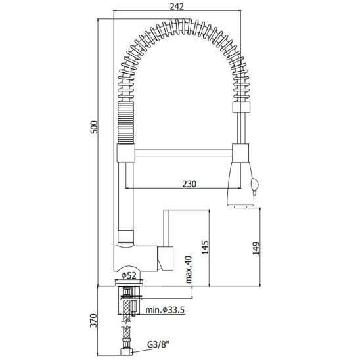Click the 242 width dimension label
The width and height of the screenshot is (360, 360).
pos(177,7)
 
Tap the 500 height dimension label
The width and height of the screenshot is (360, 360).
pos(94,127)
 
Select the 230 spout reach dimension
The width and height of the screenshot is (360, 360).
pos(189,184)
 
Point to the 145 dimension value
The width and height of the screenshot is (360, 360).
pos(205,247)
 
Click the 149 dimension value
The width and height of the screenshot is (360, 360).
pos(256,248)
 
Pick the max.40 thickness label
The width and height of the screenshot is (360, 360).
pos(189,269)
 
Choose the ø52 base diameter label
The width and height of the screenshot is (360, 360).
pos(129,275)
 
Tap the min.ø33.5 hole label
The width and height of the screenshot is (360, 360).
pos(165,310)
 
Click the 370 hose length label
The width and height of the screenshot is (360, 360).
pos(94,321)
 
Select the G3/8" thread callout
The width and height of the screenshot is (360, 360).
pos(158,344)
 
